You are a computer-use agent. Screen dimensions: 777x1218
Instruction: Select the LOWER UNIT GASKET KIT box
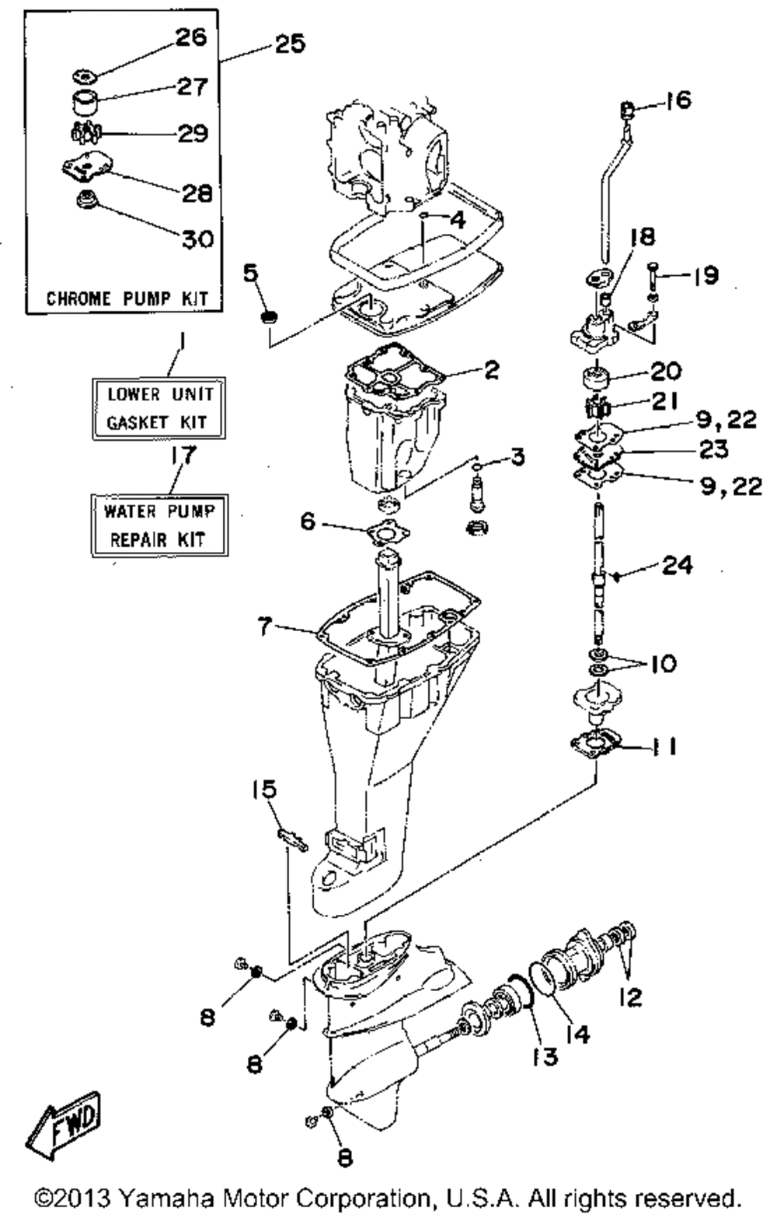pos(159,408)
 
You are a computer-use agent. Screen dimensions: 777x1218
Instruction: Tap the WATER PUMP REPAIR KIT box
pos(159,525)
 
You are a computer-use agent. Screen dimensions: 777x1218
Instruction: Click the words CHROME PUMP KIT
pos(127,298)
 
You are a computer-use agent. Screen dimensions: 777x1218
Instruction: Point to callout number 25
pos(290,44)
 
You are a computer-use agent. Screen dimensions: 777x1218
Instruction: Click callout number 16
pos(678,100)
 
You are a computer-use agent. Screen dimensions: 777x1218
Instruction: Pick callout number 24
pos(677,566)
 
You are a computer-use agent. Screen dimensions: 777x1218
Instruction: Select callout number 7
pos(263,627)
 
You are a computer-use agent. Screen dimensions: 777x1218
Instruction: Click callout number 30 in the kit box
pos(197,238)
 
